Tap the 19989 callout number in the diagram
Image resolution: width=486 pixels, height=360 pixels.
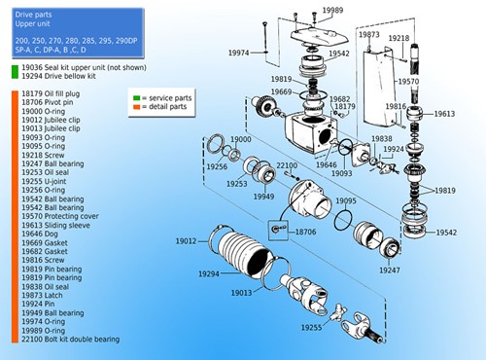coord(333,9)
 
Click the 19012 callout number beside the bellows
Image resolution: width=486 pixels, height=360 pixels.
coord(187,240)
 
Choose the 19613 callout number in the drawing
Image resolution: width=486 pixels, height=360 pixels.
coord(443,114)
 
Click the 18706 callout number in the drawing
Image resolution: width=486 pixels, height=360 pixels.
coord(303,234)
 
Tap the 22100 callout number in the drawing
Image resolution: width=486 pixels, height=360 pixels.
coord(287,165)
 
